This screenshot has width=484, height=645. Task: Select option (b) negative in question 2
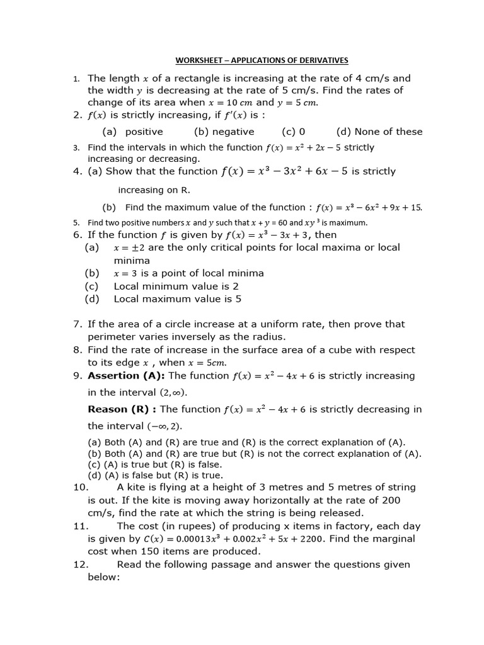pyautogui.click(x=224, y=132)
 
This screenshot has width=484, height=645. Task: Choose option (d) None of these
pyautogui.click(x=379, y=132)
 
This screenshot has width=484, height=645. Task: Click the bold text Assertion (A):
pyautogui.click(x=126, y=375)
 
